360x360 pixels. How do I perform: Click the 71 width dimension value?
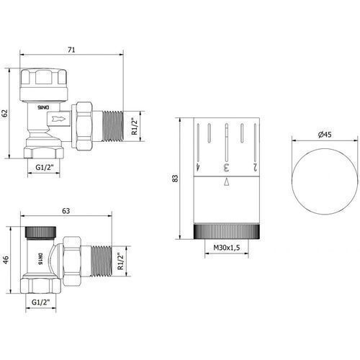click(71, 50)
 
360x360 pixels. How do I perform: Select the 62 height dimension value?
click(5, 113)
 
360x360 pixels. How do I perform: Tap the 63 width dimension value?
click(66, 211)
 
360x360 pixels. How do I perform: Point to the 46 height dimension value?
click(6, 260)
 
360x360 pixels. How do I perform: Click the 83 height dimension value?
click(176, 178)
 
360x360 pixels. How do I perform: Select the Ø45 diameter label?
click(325, 135)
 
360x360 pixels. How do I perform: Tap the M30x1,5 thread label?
click(227, 248)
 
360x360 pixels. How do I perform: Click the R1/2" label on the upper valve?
click(135, 126)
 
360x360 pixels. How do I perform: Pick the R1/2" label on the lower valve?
click(120, 261)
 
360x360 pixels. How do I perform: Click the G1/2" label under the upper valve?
click(44, 167)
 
